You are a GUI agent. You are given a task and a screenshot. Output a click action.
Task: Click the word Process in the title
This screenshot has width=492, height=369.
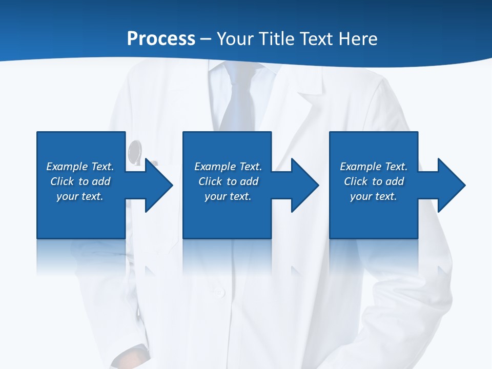point(161,39)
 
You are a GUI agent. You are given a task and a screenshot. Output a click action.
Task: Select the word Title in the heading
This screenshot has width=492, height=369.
point(276,39)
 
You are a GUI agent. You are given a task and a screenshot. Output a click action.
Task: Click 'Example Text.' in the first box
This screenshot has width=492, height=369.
point(80,167)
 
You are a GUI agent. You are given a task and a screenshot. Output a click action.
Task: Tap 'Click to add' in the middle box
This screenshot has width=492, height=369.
point(228,181)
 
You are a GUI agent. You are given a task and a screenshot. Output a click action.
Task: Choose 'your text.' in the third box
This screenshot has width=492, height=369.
point(373,196)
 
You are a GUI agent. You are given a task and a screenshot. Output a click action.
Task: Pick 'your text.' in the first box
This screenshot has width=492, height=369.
point(80,196)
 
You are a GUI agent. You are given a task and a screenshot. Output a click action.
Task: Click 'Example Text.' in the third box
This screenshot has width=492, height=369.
point(373,167)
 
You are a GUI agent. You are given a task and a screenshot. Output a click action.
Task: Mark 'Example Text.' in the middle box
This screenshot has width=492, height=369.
point(228,167)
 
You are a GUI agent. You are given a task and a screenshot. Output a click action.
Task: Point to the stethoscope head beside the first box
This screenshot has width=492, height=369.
point(135,151)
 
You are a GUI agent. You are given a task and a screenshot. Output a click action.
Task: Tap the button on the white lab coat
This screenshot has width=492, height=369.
point(219,293)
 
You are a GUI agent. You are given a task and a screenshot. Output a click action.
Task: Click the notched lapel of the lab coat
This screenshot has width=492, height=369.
point(310,97)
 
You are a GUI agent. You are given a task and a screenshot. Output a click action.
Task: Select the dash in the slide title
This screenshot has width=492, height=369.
point(206,39)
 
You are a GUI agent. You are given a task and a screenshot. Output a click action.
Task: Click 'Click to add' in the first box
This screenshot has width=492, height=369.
point(80,181)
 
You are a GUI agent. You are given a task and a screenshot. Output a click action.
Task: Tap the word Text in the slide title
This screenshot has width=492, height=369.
point(316,39)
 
